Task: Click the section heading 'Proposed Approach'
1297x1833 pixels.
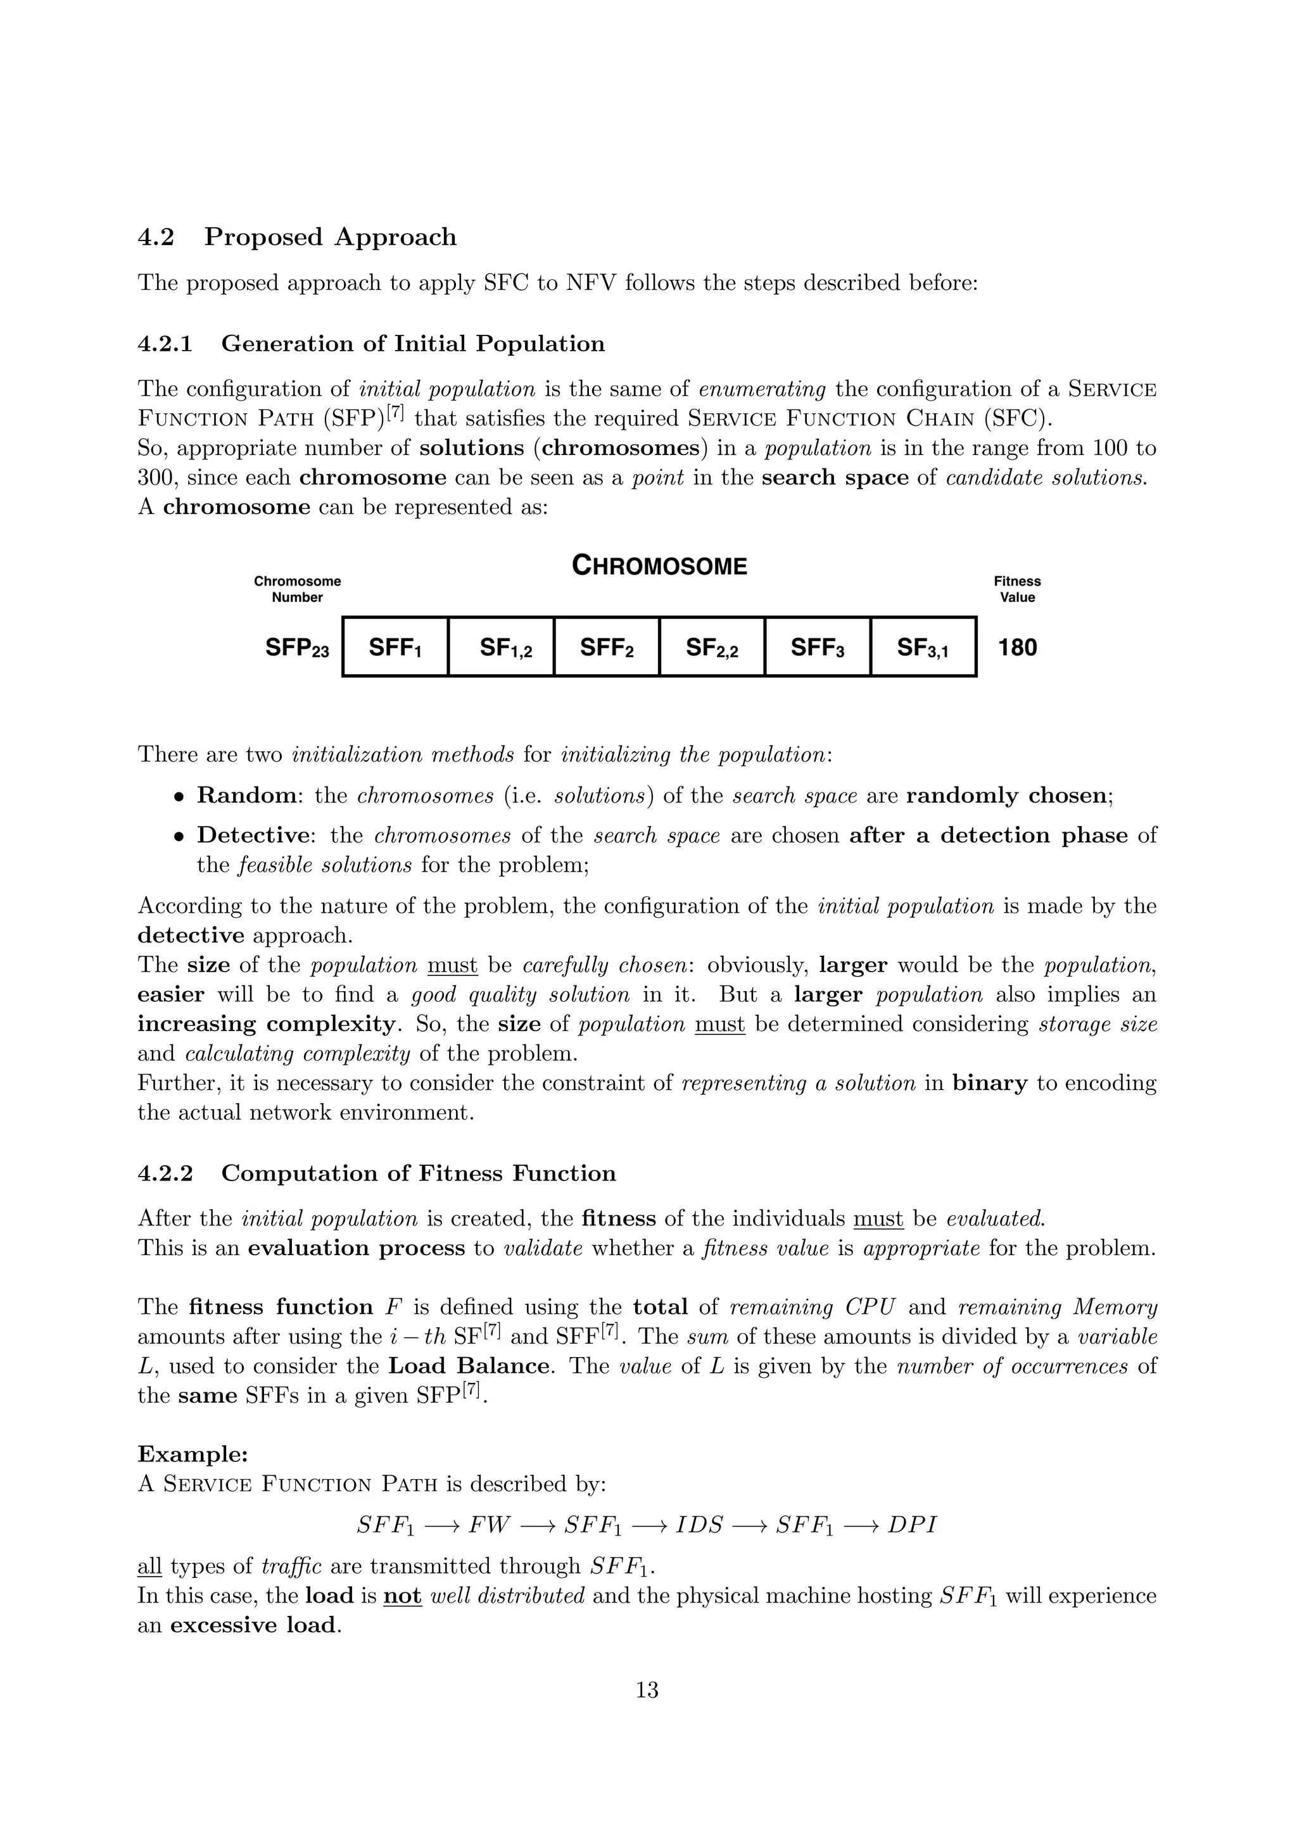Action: coord(330,237)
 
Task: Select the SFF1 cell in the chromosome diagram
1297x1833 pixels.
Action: coord(395,647)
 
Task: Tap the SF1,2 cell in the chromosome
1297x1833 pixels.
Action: coord(502,647)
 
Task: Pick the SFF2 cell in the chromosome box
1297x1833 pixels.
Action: coord(607,647)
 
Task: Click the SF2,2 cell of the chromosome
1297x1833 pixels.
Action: coord(712,647)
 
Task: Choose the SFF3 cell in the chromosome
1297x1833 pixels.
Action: coord(817,647)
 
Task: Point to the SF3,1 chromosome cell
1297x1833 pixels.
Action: coord(923,647)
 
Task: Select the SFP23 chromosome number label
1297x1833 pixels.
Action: coord(297,647)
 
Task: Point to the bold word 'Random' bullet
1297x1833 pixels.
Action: coord(246,796)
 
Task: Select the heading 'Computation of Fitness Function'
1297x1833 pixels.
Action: coord(419,1173)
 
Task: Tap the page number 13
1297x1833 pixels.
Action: coord(647,1690)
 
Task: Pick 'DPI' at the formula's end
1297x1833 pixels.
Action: coord(911,1525)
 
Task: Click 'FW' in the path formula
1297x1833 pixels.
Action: coord(489,1525)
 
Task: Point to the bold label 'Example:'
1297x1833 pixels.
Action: coord(193,1454)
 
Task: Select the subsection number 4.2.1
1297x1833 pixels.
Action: coord(165,344)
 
